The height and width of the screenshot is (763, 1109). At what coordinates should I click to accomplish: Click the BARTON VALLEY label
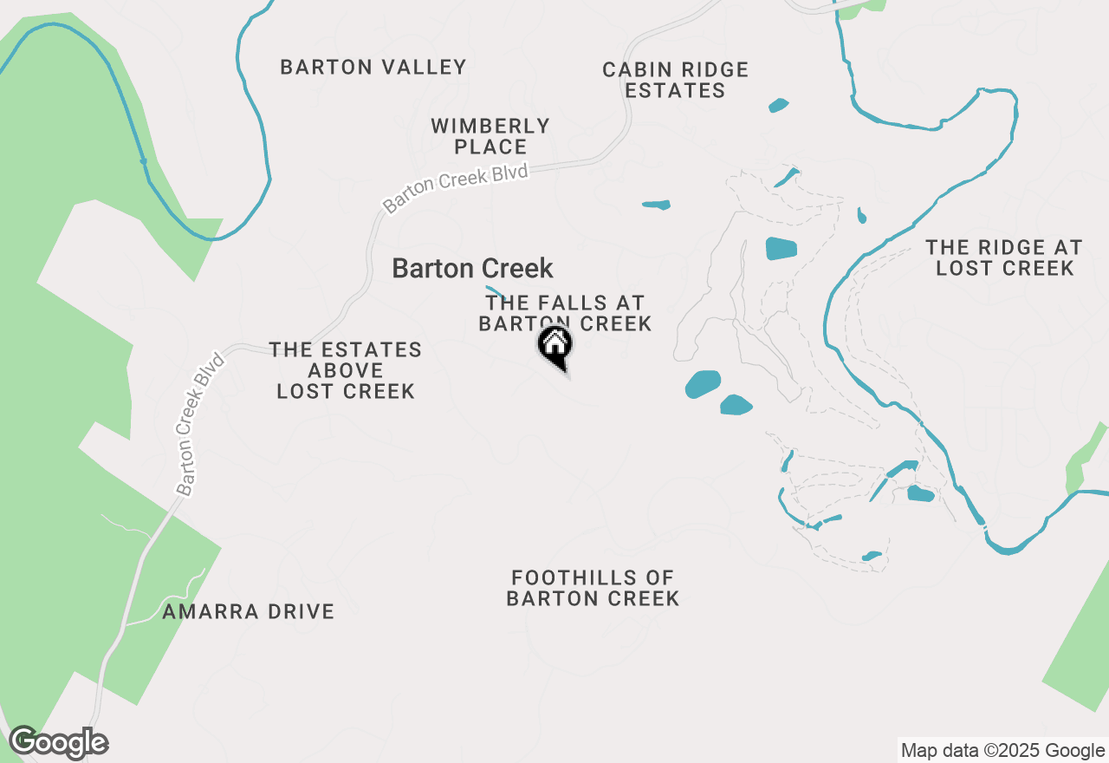pos(373,67)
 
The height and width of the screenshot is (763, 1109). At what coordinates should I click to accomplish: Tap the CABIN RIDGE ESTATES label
pos(676,80)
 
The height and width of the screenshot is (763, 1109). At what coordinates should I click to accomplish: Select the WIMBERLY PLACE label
pos(490,137)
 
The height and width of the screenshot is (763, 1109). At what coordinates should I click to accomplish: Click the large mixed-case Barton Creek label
pos(472,269)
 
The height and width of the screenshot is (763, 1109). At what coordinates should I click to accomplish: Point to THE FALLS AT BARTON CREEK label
pos(565,313)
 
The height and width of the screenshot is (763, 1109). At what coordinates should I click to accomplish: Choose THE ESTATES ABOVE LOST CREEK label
pos(346,370)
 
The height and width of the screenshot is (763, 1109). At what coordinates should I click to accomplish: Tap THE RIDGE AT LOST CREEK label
pos(1004,258)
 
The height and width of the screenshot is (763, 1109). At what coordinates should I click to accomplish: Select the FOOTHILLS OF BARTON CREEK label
pos(593,588)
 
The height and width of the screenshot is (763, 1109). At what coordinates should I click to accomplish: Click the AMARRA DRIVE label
pos(249,611)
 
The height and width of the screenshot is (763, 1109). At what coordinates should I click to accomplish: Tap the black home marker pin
pos(555,346)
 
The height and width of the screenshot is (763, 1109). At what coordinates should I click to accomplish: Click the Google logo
pos(58,742)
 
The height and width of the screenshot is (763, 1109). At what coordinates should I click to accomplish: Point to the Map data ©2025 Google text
pos(1002,751)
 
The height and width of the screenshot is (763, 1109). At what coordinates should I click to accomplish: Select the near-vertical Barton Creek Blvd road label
pos(200,424)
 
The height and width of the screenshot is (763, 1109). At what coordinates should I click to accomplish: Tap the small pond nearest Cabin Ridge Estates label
pos(778,106)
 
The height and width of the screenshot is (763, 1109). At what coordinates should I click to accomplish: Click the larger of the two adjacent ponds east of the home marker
pos(704,383)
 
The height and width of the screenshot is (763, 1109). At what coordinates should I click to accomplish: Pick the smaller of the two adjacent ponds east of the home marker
pos(736,405)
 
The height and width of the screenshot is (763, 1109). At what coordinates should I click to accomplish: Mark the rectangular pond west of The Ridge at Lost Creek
pos(781,249)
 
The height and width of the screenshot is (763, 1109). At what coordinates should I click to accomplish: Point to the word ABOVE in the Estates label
pos(346,370)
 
